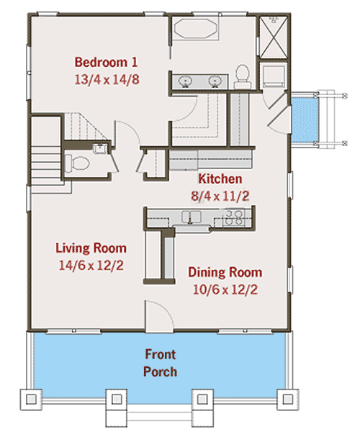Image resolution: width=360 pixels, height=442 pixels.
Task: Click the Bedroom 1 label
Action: (106, 63)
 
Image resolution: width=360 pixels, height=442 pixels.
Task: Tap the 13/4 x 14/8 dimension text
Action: (107, 79)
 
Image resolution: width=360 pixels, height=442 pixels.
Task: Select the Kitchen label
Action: (220, 179)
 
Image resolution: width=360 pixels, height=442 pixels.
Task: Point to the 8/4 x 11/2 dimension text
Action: (220, 196)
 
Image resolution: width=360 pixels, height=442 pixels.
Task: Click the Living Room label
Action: (91, 248)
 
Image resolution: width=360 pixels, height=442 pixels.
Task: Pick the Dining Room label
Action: (225, 272)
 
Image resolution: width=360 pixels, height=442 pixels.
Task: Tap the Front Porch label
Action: (160, 363)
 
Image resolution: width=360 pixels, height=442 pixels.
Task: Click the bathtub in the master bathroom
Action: (195, 28)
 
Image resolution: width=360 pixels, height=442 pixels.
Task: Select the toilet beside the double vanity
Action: (242, 77)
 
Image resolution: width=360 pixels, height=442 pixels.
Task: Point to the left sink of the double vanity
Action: (185, 81)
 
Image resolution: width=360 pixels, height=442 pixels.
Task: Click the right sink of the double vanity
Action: (215, 81)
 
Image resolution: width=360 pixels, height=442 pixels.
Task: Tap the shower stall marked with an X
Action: (273, 37)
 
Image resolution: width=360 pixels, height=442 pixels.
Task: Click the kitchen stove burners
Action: (234, 217)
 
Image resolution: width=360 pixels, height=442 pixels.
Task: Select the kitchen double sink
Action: (192, 217)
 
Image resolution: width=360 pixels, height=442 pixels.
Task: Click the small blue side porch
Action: (305, 119)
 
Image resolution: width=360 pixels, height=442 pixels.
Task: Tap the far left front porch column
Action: (31, 399)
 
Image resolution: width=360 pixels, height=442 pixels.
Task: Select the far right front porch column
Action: (287, 399)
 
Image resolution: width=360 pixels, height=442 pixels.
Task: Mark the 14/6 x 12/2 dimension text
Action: (91, 266)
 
